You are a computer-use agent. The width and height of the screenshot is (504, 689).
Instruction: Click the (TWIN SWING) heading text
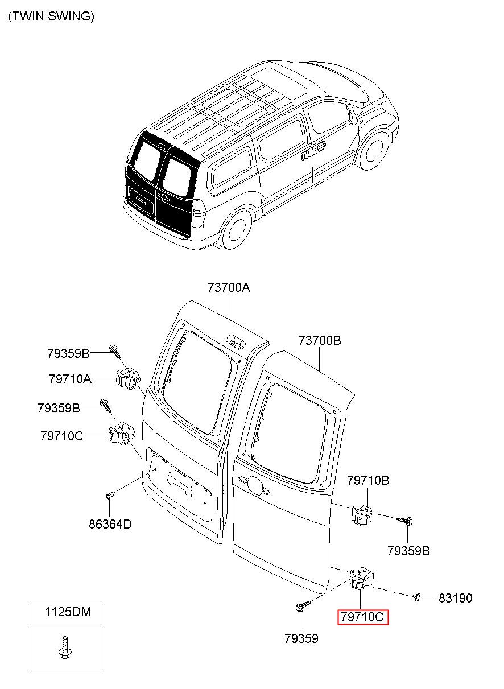coord(51,16)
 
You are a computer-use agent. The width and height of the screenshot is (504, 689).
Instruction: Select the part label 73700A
coord(229,287)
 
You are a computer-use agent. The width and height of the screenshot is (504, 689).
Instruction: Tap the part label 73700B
coord(320,340)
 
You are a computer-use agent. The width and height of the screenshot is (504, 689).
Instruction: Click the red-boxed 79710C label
coord(362,617)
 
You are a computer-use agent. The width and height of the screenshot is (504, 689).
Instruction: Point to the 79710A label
coord(70,379)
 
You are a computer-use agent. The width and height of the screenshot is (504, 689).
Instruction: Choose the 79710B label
coord(368,480)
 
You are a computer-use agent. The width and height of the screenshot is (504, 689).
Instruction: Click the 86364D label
coord(110,524)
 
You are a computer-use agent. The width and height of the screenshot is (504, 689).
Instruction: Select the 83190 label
coord(456,598)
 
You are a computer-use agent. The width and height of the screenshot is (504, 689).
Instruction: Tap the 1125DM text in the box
coord(68,612)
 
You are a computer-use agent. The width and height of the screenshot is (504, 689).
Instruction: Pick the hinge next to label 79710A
coord(127,379)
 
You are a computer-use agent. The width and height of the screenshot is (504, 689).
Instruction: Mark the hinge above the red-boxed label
coord(362,577)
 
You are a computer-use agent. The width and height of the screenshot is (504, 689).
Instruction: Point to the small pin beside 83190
coord(416,597)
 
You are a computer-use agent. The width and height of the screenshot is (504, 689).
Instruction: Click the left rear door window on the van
coord(148,161)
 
